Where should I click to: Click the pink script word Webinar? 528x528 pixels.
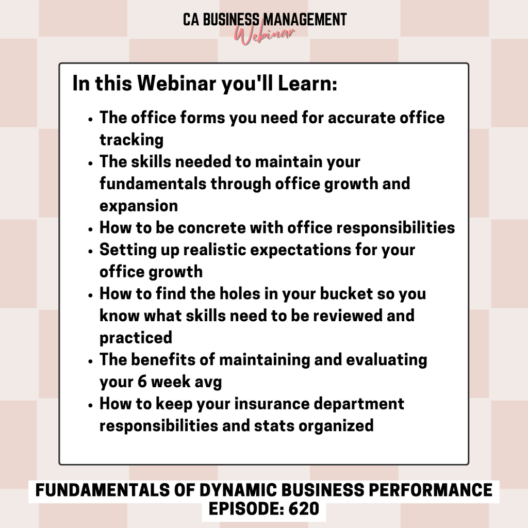pos(265,35)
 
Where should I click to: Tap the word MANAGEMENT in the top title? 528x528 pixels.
pos(304,20)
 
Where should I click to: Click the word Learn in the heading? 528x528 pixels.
pos(307,83)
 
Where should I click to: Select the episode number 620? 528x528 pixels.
pos(304,508)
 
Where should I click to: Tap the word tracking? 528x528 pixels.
pos(131,140)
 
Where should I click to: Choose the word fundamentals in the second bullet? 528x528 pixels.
pos(153,184)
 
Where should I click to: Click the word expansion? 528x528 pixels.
pos(139,206)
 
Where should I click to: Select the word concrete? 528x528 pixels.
pos(211,227)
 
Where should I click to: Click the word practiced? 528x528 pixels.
pos(136,338)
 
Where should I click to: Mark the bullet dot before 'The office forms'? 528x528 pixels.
pos(90,119)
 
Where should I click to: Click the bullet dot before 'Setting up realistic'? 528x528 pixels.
pos(90,251)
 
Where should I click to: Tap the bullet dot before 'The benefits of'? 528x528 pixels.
pos(90,361)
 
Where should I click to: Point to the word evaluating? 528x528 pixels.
pos(387,360)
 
